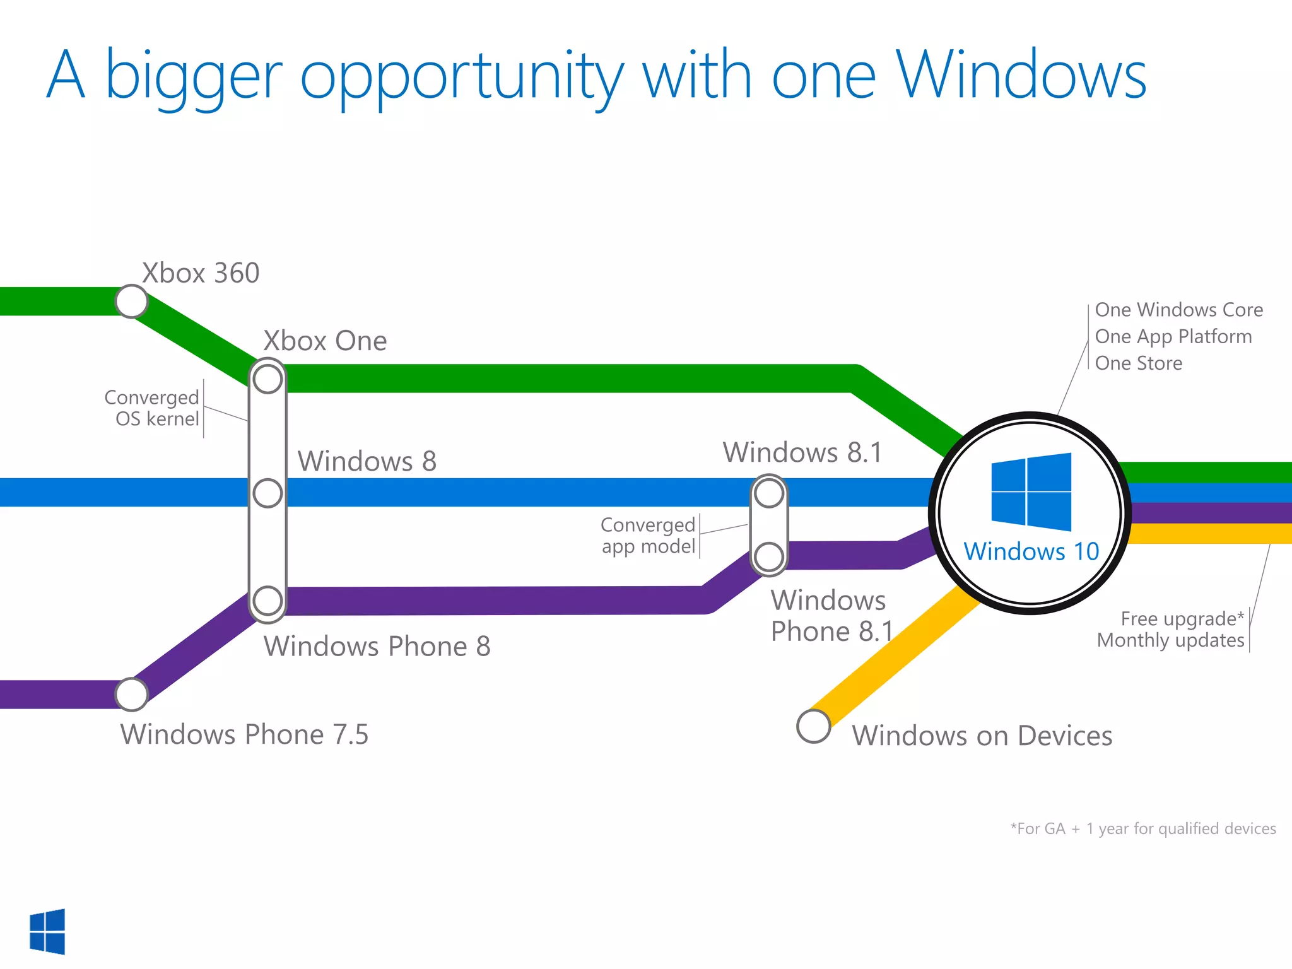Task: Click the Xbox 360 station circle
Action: click(132, 302)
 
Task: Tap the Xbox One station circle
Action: click(267, 379)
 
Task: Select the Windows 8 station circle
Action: click(267, 493)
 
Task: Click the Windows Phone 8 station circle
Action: click(267, 601)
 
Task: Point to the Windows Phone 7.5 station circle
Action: click(132, 695)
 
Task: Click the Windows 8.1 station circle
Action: click(769, 493)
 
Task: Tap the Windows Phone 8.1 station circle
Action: click(769, 557)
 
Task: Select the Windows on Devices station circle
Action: click(813, 726)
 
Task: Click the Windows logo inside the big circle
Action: click(1031, 491)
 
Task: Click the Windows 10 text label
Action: click(1031, 551)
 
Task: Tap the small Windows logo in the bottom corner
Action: click(47, 931)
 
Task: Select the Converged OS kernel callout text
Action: click(151, 408)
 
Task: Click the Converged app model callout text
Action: click(648, 535)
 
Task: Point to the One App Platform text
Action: click(1173, 337)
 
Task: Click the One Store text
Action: click(1138, 363)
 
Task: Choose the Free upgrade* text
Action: click(1182, 619)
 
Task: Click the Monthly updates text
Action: click(1170, 640)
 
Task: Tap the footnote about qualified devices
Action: click(1142, 828)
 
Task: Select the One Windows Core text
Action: click(1178, 310)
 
